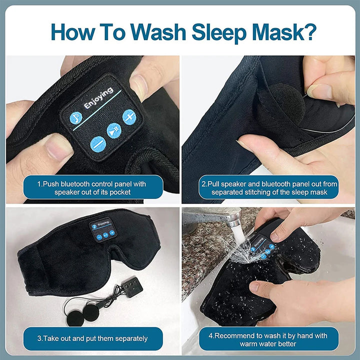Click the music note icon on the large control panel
pyautogui.click(x=76, y=116)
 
